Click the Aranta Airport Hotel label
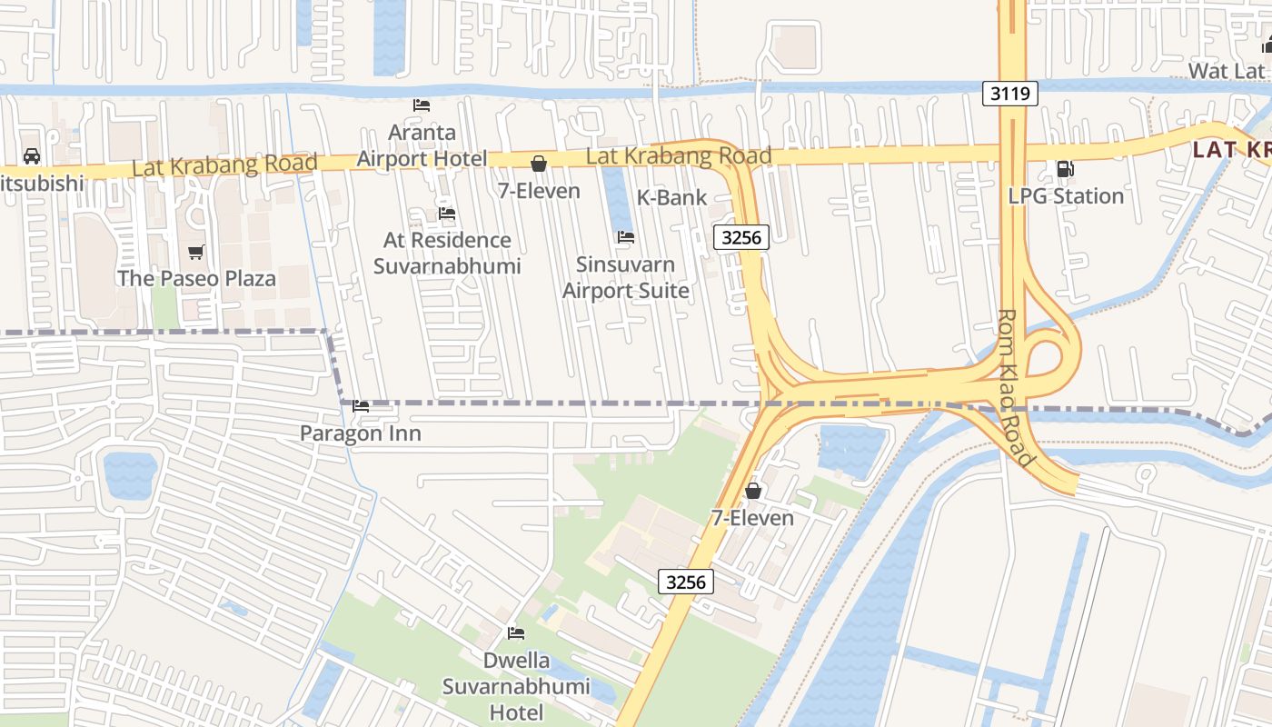(422, 145)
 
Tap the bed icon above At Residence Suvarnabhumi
(447, 214)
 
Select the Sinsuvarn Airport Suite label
(625, 277)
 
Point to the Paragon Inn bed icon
(361, 406)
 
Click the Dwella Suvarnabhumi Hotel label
(516, 687)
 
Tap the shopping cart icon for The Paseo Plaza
(195, 252)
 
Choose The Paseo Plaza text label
(196, 278)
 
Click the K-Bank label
(671, 197)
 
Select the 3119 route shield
(1009, 93)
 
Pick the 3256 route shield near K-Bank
(741, 238)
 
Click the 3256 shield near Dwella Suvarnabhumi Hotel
(685, 582)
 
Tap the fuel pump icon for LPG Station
(1064, 169)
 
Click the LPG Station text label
(1066, 196)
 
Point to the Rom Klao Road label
(1016, 388)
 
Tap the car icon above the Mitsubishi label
(32, 156)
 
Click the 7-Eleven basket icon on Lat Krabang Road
(539, 164)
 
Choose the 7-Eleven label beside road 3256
(752, 518)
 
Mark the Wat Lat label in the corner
(1227, 71)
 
